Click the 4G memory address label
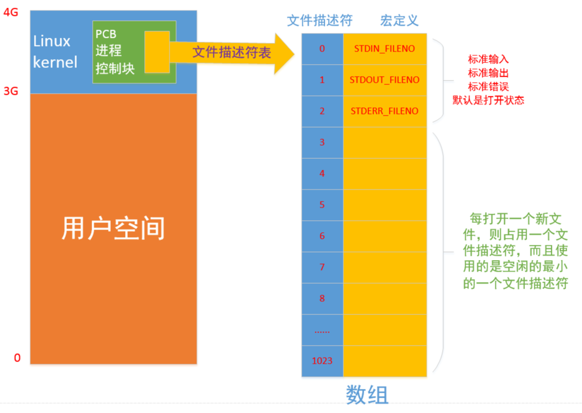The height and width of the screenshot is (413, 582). [x=11, y=12]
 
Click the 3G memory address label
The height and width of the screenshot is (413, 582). [x=11, y=91]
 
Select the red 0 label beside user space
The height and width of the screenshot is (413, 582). [x=17, y=358]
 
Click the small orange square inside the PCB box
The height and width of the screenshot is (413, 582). [x=157, y=52]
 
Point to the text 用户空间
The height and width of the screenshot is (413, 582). [x=113, y=228]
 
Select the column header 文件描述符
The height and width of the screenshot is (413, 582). [x=320, y=21]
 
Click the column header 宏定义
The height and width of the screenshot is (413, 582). [x=399, y=21]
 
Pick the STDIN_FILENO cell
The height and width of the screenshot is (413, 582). [x=385, y=49]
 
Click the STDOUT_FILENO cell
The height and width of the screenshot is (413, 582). [x=385, y=80]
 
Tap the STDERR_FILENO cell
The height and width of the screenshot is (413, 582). [x=385, y=111]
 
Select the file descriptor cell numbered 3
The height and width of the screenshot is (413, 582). [x=322, y=142]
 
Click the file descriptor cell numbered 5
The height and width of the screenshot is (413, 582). [x=322, y=205]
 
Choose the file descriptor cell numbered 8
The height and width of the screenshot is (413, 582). [x=322, y=299]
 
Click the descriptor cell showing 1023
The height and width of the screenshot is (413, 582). [x=322, y=361]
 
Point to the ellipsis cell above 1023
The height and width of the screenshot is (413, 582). [x=322, y=330]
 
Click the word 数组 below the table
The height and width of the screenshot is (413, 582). [x=368, y=394]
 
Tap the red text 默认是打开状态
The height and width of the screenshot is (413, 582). [x=489, y=100]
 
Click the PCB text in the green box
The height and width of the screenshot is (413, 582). [x=106, y=34]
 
